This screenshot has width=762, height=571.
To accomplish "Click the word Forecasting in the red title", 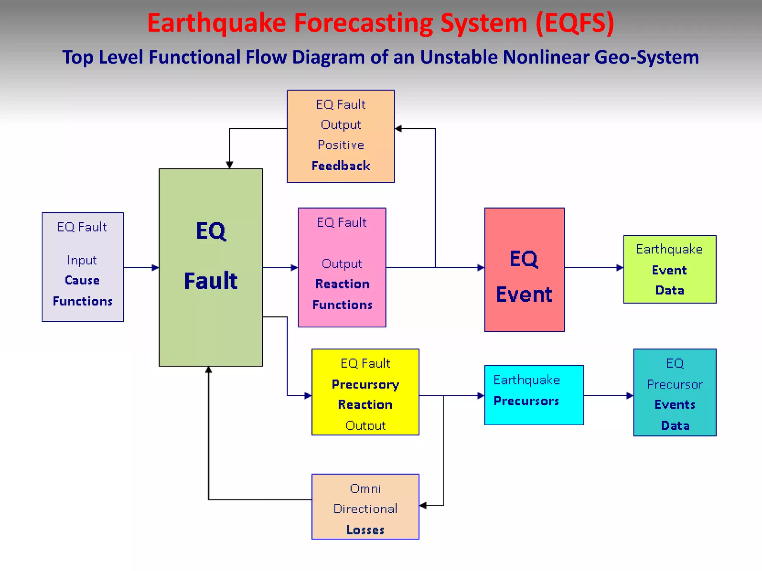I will [364, 23].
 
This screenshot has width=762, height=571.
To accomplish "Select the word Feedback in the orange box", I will [341, 166].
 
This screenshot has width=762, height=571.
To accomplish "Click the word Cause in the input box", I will [82, 280].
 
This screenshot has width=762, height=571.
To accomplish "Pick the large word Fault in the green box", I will [211, 281].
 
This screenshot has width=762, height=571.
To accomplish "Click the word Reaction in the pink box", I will [342, 284].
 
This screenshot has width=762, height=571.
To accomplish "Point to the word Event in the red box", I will [524, 294].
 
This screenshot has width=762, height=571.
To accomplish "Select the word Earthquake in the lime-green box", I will [669, 249].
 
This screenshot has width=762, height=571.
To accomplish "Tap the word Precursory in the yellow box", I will [365, 384].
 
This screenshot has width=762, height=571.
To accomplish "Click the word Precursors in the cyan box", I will [526, 401].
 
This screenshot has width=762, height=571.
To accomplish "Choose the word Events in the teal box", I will [675, 405].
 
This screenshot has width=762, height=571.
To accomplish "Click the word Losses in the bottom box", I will [365, 530].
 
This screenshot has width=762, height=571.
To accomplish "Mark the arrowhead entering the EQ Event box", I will [481, 267].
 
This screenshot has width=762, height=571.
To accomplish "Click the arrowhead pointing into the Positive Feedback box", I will [398, 129].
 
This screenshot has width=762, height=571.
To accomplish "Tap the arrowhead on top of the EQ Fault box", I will [230, 165].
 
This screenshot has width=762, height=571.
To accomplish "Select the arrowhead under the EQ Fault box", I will [209, 370].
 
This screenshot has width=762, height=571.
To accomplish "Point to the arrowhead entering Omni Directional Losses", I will [423, 505].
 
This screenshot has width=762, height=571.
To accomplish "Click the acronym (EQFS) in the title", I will [575, 23].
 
